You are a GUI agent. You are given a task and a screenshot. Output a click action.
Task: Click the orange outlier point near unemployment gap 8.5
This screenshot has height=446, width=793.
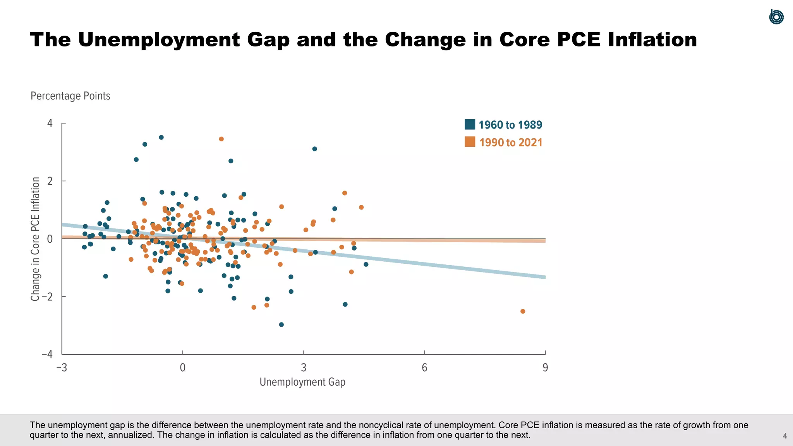coord(523,311)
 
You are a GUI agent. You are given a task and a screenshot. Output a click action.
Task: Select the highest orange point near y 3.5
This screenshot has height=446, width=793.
coord(221,139)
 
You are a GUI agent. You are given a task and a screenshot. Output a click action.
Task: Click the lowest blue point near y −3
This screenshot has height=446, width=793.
coord(281,324)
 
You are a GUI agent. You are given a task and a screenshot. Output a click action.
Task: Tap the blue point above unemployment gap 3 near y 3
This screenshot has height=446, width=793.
coord(314,149)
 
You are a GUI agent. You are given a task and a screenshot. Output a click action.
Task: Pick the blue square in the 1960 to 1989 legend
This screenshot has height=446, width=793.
coord(470,124)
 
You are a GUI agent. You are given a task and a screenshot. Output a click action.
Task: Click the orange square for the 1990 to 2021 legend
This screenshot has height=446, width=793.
coord(470,142)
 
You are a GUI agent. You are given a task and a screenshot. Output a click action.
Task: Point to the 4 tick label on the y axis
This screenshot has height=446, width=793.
coord(50,124)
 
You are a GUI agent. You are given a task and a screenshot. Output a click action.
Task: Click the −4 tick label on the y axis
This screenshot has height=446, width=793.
coord(48,354)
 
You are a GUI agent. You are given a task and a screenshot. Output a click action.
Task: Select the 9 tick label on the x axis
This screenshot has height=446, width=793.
coord(545,367)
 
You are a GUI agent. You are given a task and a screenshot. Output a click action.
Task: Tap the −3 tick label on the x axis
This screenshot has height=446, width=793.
coord(62,367)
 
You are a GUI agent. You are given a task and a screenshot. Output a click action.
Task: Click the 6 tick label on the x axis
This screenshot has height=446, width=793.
coord(424,367)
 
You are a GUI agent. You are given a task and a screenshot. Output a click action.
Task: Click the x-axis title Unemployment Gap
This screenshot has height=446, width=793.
coord(302,382)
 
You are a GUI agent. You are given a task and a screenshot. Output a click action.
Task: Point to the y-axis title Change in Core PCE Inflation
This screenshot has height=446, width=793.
coord(35,239)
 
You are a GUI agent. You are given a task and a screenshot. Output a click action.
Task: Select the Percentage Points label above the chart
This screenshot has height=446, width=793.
coord(70,96)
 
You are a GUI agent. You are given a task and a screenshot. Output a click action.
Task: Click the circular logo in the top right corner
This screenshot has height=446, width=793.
coord(776,17)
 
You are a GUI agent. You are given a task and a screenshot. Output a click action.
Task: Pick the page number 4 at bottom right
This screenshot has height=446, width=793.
coord(784,436)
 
